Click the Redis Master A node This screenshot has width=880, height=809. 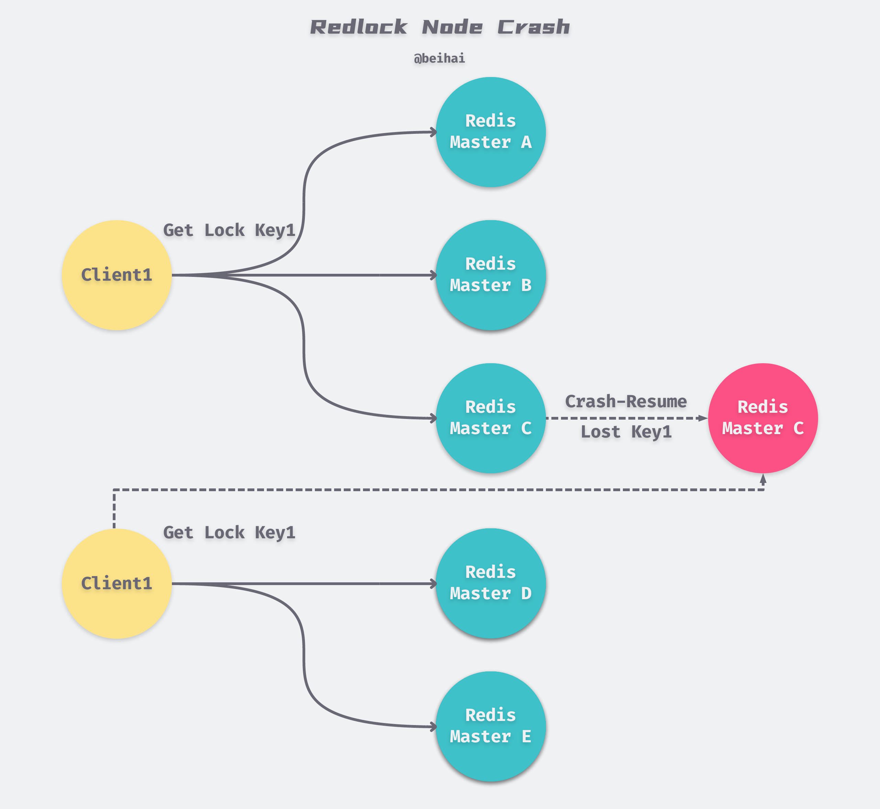click(491, 132)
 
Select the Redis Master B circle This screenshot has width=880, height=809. click(491, 275)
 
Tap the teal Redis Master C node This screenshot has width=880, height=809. click(491, 418)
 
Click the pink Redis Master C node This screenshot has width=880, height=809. click(763, 418)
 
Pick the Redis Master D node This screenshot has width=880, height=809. click(491, 583)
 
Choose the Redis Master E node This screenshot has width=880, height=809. click(491, 726)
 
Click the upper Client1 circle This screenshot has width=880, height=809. click(117, 275)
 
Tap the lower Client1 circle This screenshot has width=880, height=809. click(117, 583)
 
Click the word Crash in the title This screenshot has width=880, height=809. click(533, 27)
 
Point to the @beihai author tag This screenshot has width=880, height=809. click(439, 58)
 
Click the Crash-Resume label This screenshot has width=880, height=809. click(626, 401)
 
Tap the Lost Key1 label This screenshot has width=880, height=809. click(626, 432)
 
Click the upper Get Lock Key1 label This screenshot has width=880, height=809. click(229, 230)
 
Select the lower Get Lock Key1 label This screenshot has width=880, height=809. click(229, 533)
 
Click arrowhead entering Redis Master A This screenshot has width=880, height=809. click(433, 132)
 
